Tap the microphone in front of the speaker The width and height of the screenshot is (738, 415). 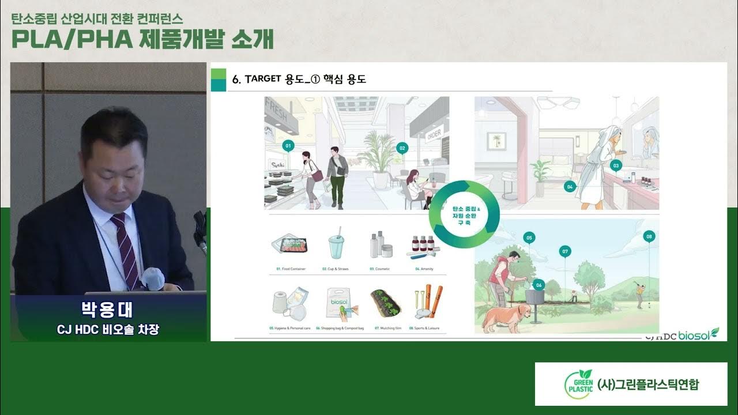tap(153, 278)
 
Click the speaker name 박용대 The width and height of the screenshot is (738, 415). tap(108, 310)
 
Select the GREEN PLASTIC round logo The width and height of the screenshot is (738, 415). tap(578, 384)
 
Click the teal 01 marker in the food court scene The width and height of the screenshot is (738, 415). tap(288, 146)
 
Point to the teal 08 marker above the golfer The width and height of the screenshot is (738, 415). tap(649, 236)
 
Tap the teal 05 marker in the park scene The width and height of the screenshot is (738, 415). tap(529, 237)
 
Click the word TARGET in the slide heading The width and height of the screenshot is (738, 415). tap(263, 79)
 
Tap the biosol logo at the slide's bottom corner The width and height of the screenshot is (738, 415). tap(698, 335)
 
